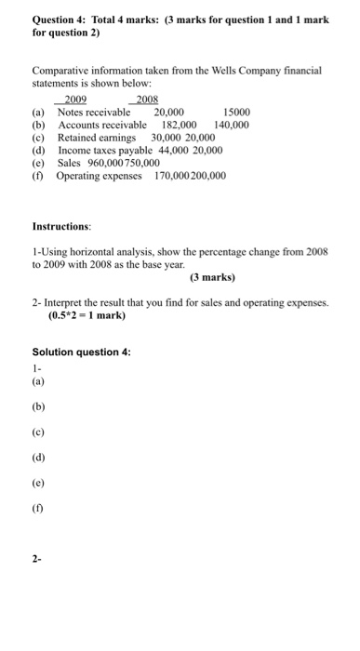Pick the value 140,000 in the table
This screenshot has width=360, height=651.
coord(231,124)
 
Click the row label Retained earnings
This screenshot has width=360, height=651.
coord(97,137)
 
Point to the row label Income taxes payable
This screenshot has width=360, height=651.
coord(106,149)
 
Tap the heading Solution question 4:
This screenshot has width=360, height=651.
coord(82,352)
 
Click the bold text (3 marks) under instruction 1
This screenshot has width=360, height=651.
coord(213,277)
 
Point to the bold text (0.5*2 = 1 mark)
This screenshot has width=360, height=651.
coord(87,315)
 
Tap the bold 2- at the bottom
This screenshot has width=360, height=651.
coord(36,561)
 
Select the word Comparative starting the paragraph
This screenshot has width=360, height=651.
coord(62,70)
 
